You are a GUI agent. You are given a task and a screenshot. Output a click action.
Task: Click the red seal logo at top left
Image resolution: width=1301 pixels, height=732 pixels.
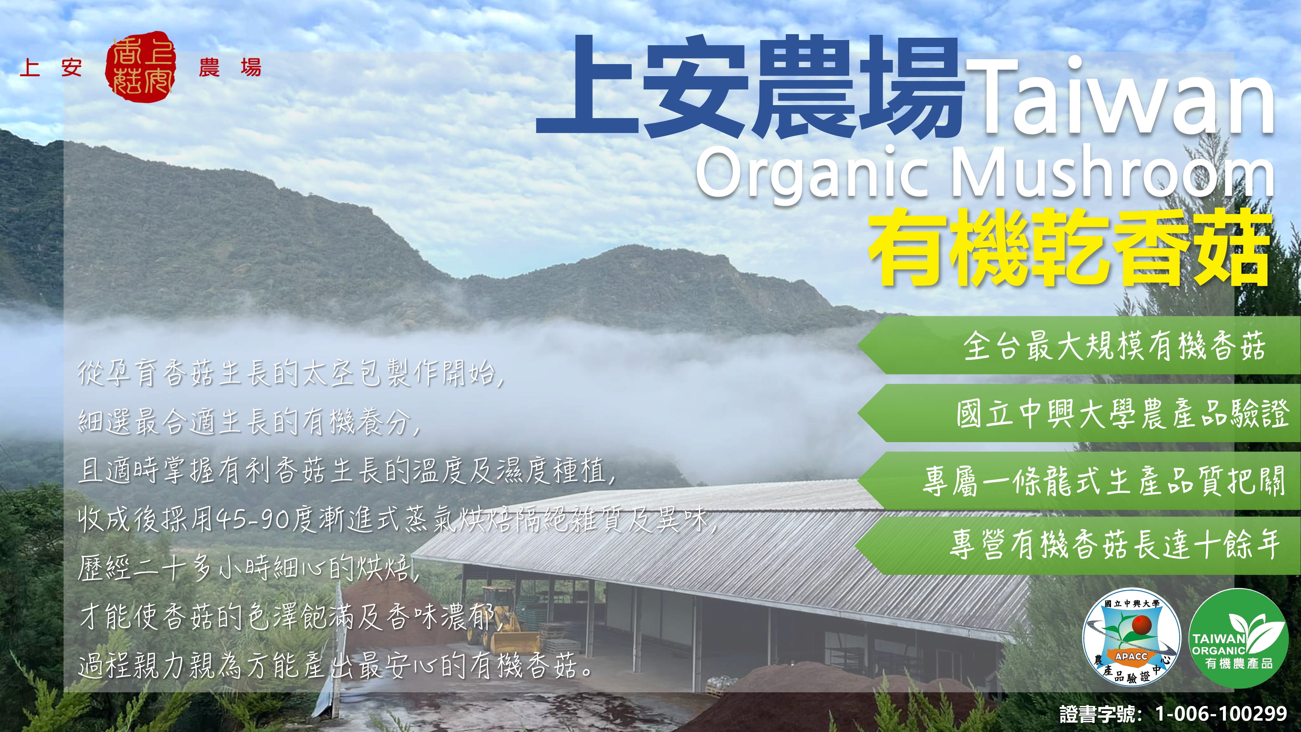141,66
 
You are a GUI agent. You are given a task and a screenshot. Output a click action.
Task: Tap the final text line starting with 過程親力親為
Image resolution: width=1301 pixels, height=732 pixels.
336,666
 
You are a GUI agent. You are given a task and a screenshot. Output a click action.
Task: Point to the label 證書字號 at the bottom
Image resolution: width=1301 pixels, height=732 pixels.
1101,713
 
